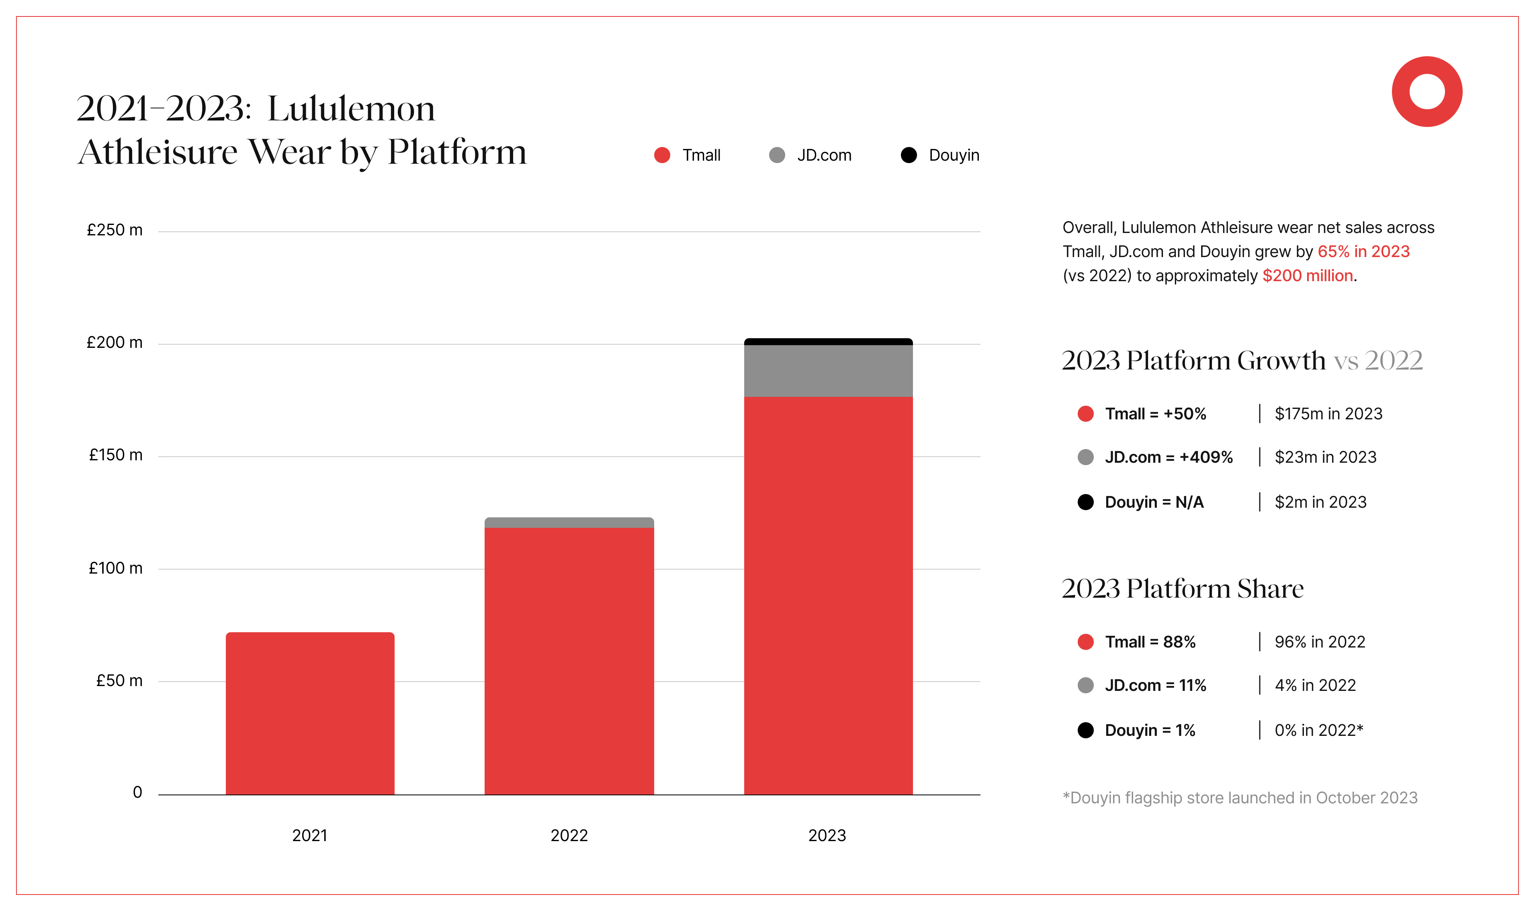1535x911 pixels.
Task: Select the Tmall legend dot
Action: click(662, 155)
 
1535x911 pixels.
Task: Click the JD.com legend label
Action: click(824, 155)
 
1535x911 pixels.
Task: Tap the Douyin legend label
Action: click(954, 155)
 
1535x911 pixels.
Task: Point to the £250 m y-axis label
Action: click(115, 230)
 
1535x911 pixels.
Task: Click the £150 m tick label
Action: click(115, 455)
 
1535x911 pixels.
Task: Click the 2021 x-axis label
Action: click(309, 835)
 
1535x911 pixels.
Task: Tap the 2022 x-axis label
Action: click(569, 835)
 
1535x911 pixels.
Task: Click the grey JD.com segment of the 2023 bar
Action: click(828, 371)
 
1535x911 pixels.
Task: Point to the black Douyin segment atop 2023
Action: click(828, 341)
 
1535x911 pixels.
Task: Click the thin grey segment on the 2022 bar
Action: click(569, 523)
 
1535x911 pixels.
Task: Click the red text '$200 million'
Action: click(1307, 276)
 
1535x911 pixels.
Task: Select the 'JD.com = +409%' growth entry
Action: click(1169, 458)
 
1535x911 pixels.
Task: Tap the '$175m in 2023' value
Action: click(1328, 414)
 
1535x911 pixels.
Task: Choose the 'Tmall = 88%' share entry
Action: click(1150, 642)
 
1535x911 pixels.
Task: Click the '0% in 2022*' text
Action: click(1318, 731)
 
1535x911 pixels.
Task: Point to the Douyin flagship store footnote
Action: click(1240, 798)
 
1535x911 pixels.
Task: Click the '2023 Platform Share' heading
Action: click(1183, 589)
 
